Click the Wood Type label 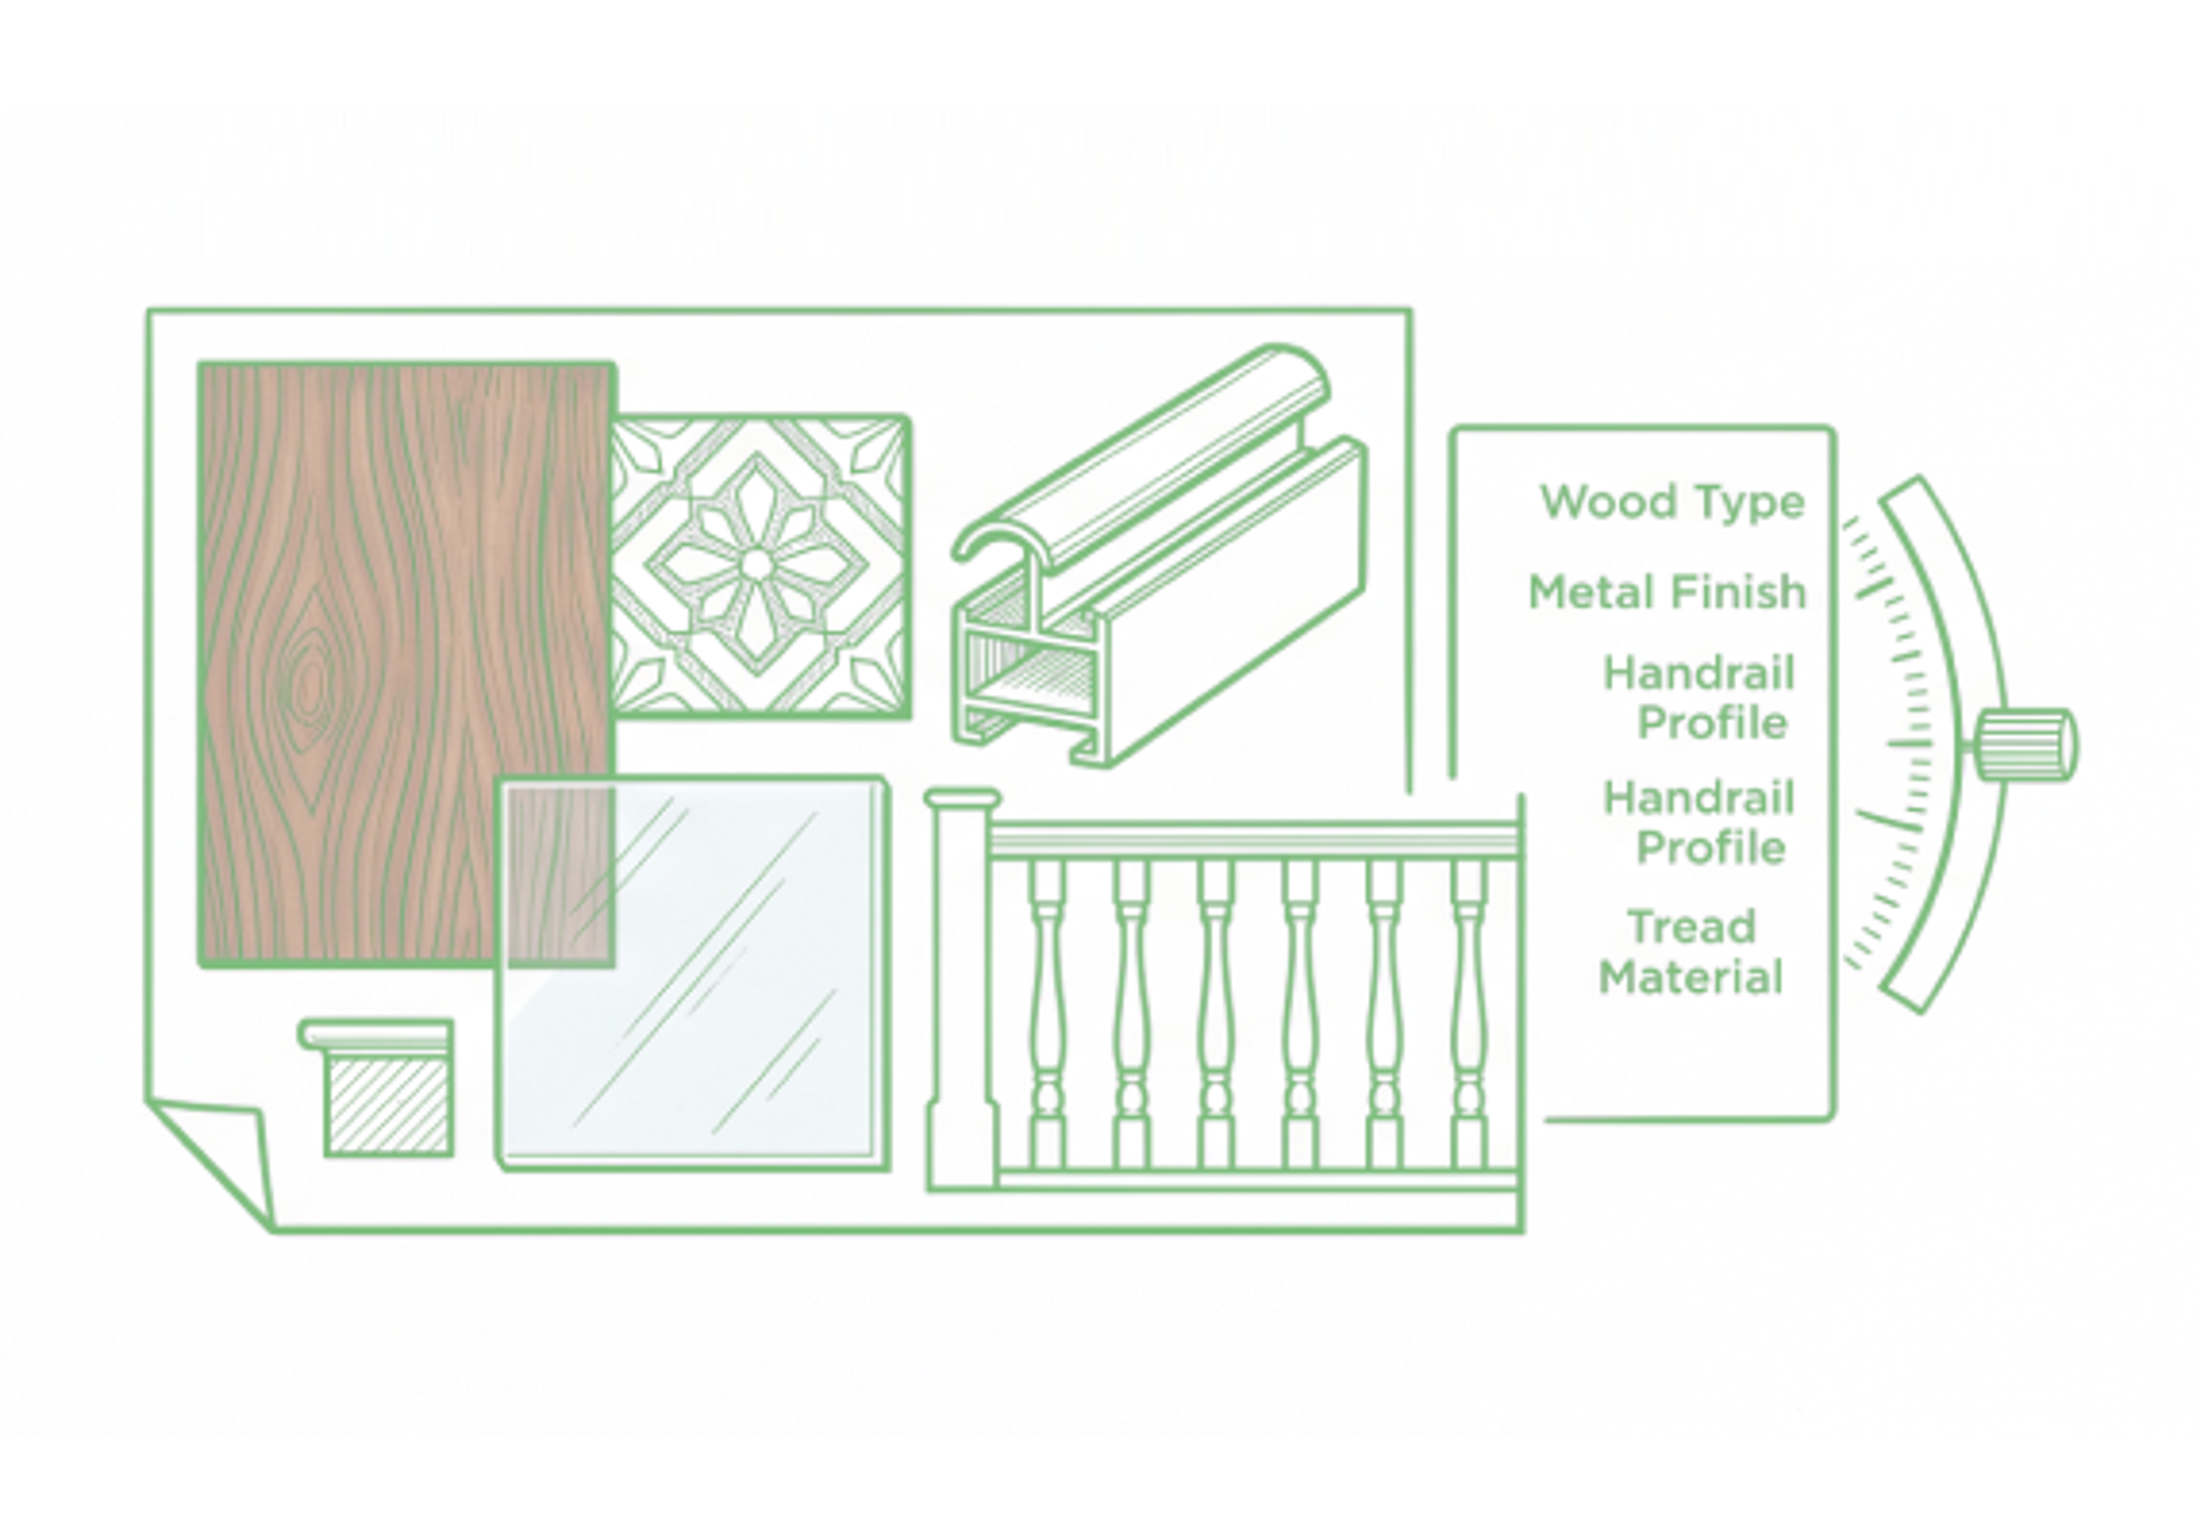1672,502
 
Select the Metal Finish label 1667,592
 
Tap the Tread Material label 1691,953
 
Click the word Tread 1692,927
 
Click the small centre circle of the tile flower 756,564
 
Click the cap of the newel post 962,799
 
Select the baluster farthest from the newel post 1468,1014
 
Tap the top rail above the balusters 1255,839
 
